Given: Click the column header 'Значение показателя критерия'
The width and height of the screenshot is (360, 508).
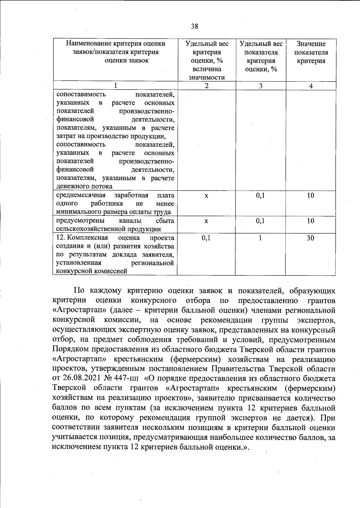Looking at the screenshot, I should pyautogui.click(x=311, y=52).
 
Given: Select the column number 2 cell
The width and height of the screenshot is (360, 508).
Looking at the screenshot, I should pyautogui.click(x=206, y=86).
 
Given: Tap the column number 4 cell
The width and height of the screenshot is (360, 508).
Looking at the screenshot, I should pyautogui.click(x=311, y=86).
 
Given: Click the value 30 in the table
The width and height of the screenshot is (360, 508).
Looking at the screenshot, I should pyautogui.click(x=310, y=238).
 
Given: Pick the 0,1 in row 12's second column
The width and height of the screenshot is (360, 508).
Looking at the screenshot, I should pyautogui.click(x=206, y=238).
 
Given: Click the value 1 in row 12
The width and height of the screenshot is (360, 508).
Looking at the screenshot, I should pyautogui.click(x=260, y=238).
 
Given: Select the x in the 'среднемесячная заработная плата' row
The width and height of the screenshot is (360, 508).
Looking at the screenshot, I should pyautogui.click(x=206, y=196).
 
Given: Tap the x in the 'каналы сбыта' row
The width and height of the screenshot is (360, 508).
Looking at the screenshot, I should pyautogui.click(x=206, y=221).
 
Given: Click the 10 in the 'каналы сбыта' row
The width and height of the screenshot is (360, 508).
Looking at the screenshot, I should pyautogui.click(x=310, y=221).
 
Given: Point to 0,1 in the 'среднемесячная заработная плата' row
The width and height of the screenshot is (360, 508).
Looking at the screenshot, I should pyautogui.click(x=260, y=196).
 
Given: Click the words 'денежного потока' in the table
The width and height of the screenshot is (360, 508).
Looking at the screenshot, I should pyautogui.click(x=84, y=186).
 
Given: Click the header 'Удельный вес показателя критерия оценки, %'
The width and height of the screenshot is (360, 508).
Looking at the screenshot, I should pyautogui.click(x=261, y=57).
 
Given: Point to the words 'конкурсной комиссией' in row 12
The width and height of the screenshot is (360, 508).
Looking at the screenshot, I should pyautogui.click(x=90, y=272).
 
